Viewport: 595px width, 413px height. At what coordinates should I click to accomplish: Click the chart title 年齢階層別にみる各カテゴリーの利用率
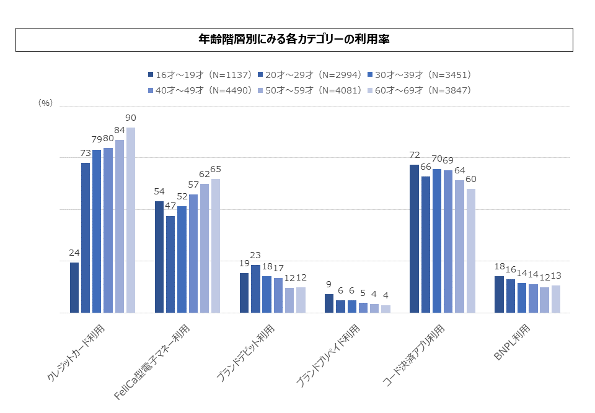coord(294,40)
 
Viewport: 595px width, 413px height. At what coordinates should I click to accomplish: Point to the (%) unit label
coord(45,103)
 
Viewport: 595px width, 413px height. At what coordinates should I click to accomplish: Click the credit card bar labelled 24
coord(74,287)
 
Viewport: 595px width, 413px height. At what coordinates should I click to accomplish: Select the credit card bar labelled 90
coord(131,220)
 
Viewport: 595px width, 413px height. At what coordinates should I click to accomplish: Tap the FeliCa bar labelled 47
coord(170,264)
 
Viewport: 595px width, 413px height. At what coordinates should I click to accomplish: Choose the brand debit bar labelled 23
coord(255,289)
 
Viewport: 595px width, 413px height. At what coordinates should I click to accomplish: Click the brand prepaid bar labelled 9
coord(328,303)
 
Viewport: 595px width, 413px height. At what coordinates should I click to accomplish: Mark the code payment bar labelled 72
coord(414,238)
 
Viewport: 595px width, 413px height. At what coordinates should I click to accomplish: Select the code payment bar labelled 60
coord(471,251)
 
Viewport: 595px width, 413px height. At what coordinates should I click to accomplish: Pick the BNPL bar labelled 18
coord(499,294)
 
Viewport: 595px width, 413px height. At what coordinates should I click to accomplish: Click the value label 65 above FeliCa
coord(216,169)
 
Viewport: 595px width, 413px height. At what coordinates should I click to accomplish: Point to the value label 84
coord(120,130)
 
